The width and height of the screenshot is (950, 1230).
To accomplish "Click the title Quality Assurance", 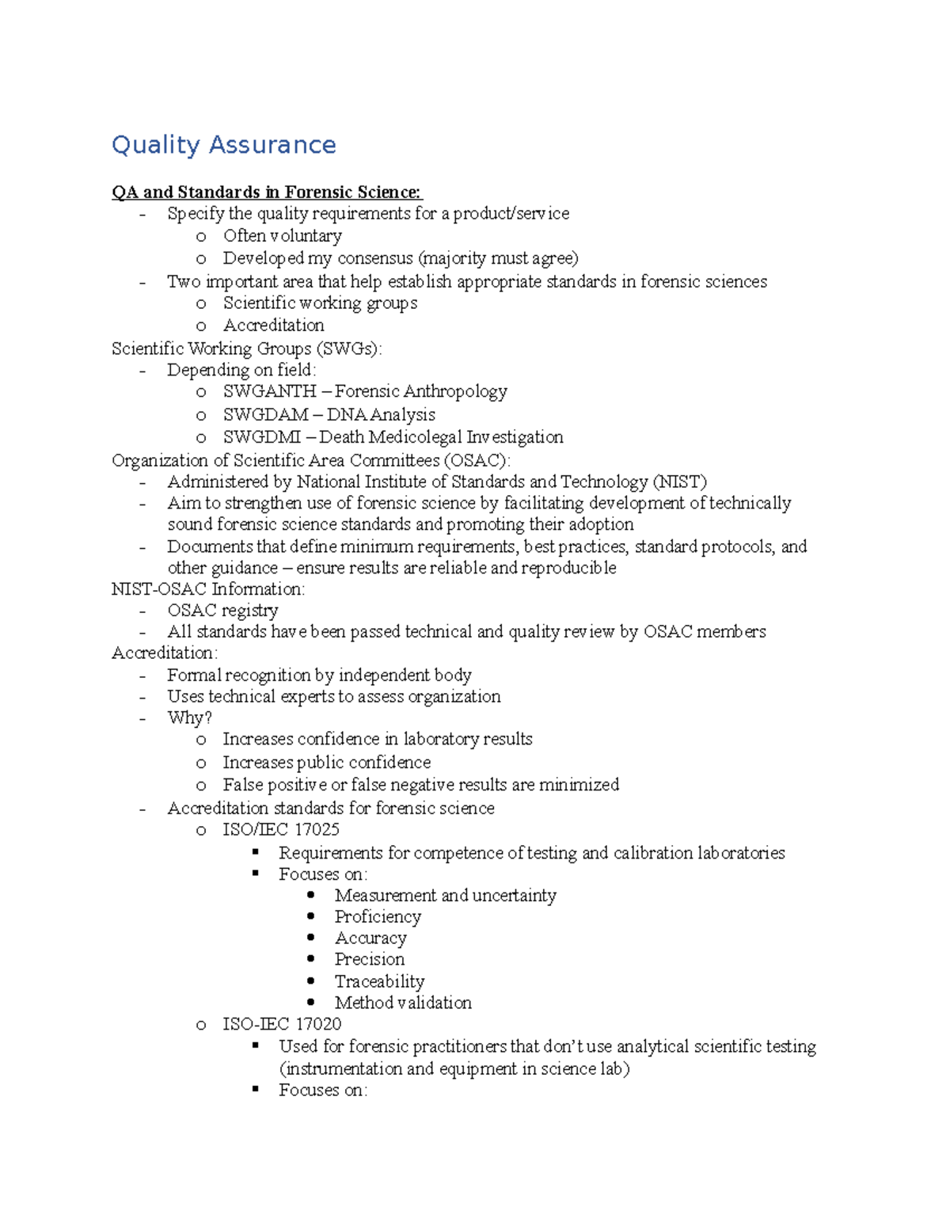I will [223, 145].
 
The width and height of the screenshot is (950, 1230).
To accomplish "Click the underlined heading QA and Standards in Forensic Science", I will [267, 192].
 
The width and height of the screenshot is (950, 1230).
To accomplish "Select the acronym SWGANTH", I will [269, 391].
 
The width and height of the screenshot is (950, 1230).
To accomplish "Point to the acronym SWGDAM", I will [265, 415].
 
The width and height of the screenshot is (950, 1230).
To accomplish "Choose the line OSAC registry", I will [222, 611].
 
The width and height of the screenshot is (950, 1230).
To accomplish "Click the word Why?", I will [189, 718].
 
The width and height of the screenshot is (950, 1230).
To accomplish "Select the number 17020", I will [318, 1024].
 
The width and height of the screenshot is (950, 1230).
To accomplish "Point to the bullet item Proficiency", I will [378, 917].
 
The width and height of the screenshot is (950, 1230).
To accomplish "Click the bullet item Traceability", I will [379, 982].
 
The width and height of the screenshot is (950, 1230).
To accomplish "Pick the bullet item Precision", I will [369, 960].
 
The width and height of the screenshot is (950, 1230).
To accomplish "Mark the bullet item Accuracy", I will [370, 939].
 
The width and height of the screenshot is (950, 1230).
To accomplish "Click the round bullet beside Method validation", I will [311, 1003].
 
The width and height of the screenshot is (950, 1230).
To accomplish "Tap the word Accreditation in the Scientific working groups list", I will [273, 326].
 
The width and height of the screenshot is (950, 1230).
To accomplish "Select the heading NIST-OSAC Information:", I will [208, 589].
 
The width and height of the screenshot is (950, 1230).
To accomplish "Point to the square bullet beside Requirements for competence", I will [256, 852].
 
